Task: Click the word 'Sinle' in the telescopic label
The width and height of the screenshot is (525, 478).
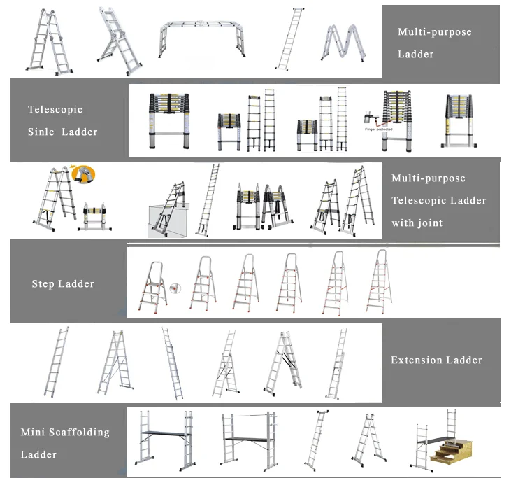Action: pyautogui.click(x=41, y=132)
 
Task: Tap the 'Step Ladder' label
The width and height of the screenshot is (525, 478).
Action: pyautogui.click(x=63, y=283)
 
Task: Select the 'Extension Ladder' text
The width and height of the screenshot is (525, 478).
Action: pyautogui.click(x=436, y=360)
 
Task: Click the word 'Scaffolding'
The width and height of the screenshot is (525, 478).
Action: pyautogui.click(x=78, y=433)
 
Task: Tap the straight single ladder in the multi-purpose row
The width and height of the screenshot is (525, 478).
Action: pyautogui.click(x=287, y=39)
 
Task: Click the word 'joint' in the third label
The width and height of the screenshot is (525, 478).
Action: pyautogui.click(x=428, y=223)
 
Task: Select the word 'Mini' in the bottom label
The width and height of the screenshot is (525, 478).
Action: pyautogui.click(x=33, y=433)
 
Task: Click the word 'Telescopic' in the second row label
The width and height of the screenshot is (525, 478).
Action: pyautogui.click(x=55, y=110)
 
